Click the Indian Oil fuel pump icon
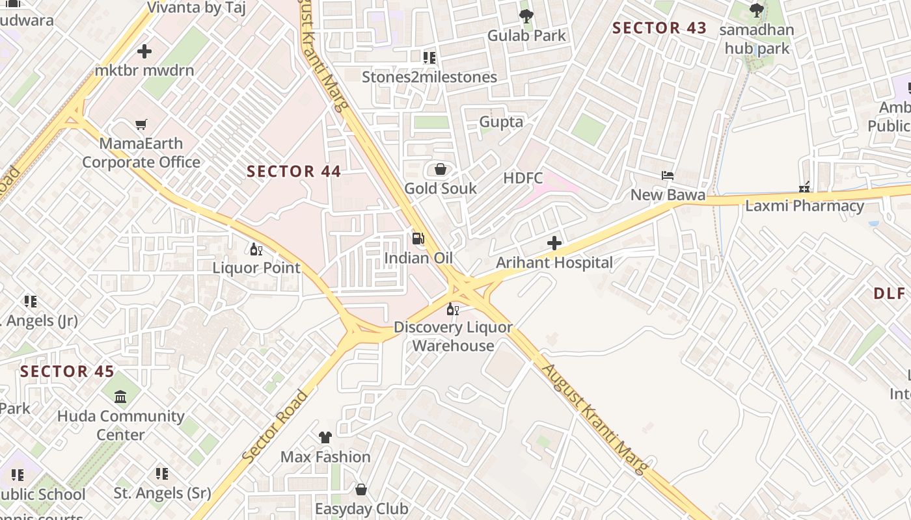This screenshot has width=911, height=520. coord(418,239)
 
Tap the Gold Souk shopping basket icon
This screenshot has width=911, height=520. coord(441,170)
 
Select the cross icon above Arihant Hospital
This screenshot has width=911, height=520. coord(554,244)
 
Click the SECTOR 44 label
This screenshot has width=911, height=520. coord(294,172)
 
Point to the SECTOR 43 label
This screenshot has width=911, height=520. coord(659,28)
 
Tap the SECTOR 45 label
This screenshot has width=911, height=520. coord(67,372)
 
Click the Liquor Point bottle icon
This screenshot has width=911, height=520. coord(256,249)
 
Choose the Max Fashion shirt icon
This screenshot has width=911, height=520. coord(325,437)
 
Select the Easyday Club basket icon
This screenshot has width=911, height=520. coord(361,489)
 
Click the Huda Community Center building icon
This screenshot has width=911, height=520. coord(120,396)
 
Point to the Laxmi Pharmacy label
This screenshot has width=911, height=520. coord(804,207)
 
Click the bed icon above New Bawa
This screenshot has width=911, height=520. coord(668,175)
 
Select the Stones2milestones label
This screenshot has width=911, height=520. coord(429,77)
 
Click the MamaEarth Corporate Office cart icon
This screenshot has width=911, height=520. coord(141,124)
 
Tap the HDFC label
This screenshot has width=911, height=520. coord(523,178)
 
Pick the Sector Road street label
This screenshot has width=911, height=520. coord(275,426)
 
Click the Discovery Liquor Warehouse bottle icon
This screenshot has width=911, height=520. coord(453,309)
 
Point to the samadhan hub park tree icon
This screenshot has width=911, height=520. coord(756,10)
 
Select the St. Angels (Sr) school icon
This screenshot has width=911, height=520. coord(162,474)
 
